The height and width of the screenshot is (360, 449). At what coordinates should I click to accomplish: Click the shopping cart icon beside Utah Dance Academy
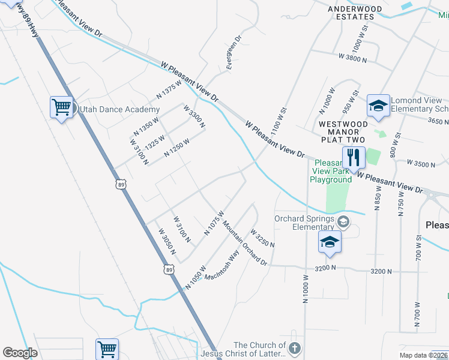(x=61, y=107)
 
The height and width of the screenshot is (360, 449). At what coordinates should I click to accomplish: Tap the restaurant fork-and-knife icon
(x=352, y=157)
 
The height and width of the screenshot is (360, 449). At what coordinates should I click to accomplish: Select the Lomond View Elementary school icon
(x=378, y=106)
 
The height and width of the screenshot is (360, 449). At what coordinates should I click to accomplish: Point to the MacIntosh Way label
(x=221, y=266)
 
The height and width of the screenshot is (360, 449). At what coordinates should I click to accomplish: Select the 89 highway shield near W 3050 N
(x=170, y=271)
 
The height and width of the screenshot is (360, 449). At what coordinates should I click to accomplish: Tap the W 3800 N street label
(x=357, y=58)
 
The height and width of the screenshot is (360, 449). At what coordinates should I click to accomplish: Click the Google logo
(x=20, y=353)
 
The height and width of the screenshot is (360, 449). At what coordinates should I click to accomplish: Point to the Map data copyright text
(x=423, y=355)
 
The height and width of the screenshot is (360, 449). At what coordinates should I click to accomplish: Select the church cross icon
(x=294, y=348)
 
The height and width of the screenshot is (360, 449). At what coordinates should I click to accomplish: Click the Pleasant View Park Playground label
(x=331, y=171)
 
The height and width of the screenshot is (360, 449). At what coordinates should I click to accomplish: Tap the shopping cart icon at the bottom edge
(x=107, y=349)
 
